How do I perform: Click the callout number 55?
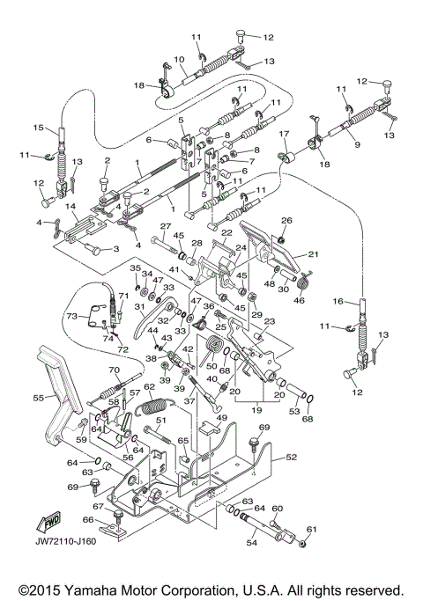point(36,398)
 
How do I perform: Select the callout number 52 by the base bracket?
point(290,458)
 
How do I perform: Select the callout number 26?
point(286,220)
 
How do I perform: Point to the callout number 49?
point(222,418)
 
